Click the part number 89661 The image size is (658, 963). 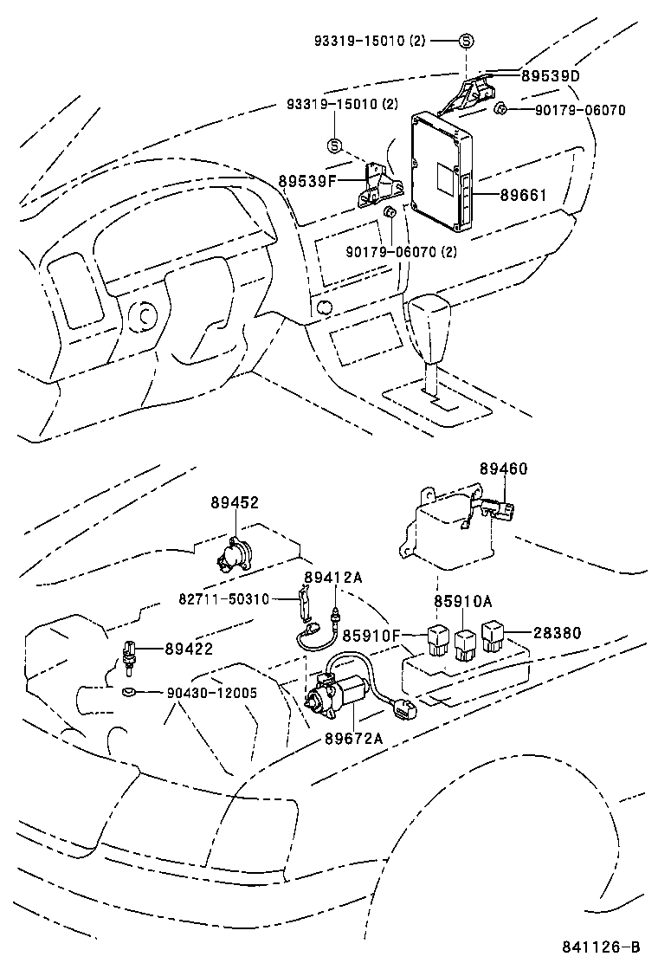click(x=523, y=195)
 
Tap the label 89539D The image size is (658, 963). click(x=550, y=76)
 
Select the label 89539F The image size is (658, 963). click(x=306, y=181)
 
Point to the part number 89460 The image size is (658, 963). click(x=503, y=469)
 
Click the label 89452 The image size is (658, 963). click(x=234, y=502)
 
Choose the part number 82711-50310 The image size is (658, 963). click(x=225, y=598)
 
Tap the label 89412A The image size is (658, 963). click(x=332, y=578)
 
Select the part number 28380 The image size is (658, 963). click(x=558, y=633)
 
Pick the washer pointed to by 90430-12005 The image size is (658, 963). click(x=129, y=691)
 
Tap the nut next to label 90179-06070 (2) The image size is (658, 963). click(x=390, y=212)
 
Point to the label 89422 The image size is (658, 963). click(x=189, y=649)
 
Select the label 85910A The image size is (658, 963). click(x=462, y=601)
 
